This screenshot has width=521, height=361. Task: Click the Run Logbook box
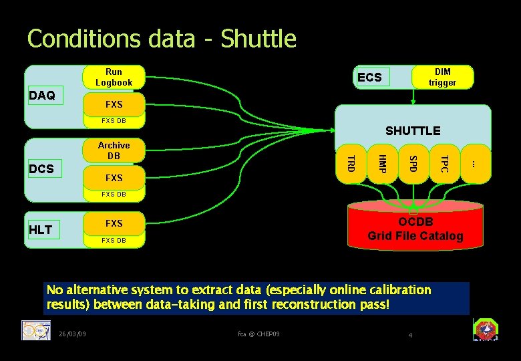tap(114, 77)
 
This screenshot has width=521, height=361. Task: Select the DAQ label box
tap(43, 96)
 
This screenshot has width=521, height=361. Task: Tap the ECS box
tap(369, 77)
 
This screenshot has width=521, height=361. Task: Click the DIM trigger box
tap(442, 77)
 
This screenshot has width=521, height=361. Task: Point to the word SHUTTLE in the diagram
tap(413, 130)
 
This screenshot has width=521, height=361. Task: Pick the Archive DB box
tap(114, 150)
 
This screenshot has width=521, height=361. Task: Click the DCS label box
tap(43, 169)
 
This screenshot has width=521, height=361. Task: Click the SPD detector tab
tap(413, 162)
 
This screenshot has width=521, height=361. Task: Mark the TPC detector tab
tap(444, 162)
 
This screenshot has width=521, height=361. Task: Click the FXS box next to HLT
tap(114, 223)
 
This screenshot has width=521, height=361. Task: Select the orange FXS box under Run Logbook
tap(114, 104)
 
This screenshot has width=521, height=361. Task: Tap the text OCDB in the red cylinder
tap(415, 222)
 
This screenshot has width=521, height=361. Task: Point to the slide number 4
tap(411, 334)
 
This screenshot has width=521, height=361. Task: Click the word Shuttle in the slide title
tap(258, 39)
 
